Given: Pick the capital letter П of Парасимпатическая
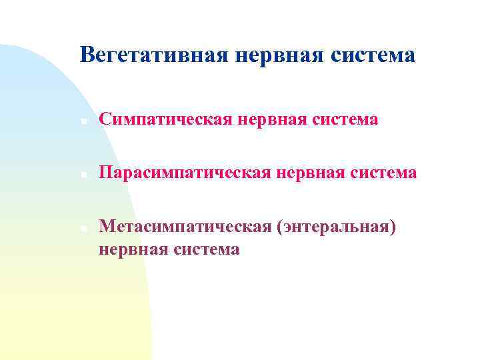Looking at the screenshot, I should (x=105, y=173).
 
